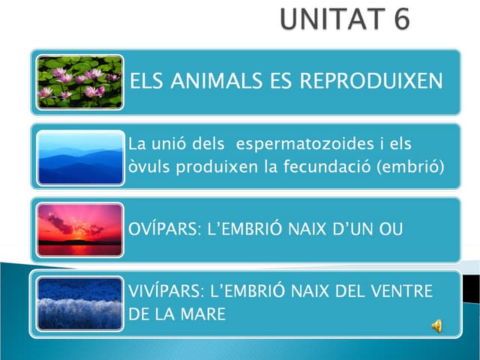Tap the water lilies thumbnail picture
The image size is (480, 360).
tap(79, 82)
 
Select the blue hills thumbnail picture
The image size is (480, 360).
tap(79, 157)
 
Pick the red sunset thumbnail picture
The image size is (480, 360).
tap(79, 229)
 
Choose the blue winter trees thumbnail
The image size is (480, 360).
tap(79, 303)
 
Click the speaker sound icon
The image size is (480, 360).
tap(436, 325)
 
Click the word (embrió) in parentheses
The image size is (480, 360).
tap(413, 166)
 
